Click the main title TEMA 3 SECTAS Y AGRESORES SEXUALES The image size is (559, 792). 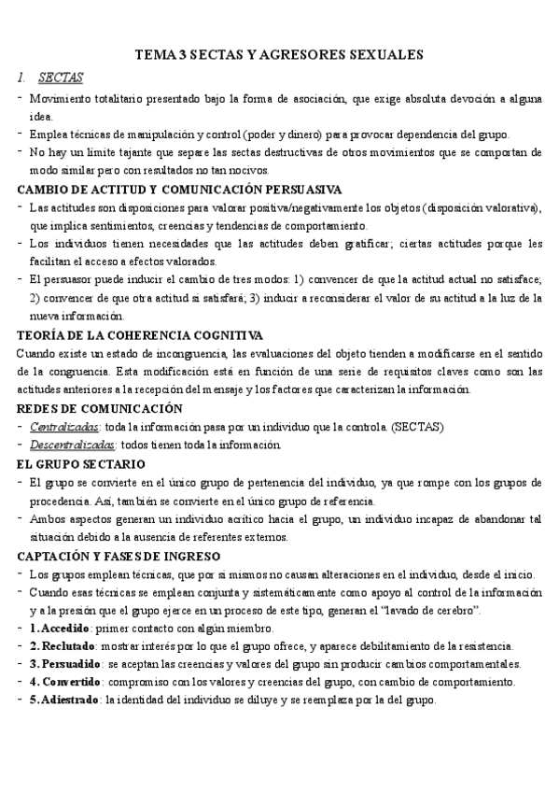280,56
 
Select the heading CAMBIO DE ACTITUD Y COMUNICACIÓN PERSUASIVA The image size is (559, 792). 179,190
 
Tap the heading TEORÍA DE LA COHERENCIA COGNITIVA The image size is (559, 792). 140,335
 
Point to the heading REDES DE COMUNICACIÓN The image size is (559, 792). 100,408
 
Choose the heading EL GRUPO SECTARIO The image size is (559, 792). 81,463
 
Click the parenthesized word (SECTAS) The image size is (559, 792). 415,427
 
